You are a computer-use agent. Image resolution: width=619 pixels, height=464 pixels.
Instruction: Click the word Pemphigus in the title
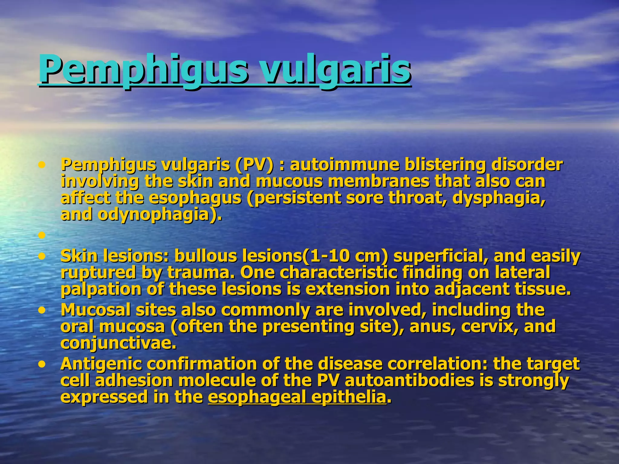tap(142, 70)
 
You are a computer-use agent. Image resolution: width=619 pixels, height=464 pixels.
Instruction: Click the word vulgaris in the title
tap(335, 70)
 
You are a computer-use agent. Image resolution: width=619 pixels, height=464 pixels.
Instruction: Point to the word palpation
tap(101, 289)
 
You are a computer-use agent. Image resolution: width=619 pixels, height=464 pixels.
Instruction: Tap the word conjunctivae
tap(118, 343)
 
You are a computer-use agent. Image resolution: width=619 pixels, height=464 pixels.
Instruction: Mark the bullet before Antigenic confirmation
tap(42, 364)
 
